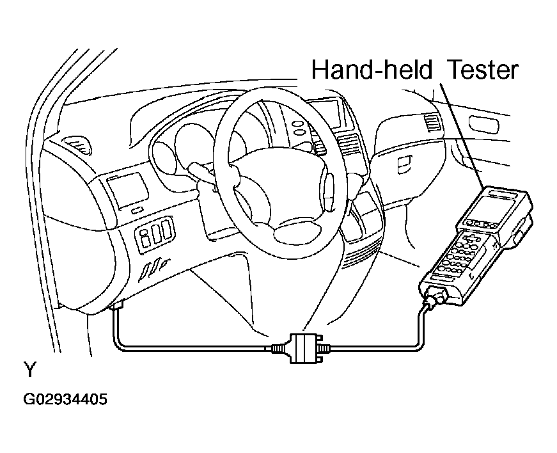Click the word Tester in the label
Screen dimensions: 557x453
pyautogui.click(x=483, y=69)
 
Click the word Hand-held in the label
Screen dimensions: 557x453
pyautogui.click(x=372, y=69)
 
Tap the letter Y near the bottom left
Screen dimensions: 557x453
pyautogui.click(x=30, y=369)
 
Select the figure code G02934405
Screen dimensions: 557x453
pyautogui.click(x=65, y=399)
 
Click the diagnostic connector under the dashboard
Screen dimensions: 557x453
pyautogui.click(x=117, y=305)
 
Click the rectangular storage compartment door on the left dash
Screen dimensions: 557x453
pyautogui.click(x=129, y=190)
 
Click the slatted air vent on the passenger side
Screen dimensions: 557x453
pyautogui.click(x=432, y=123)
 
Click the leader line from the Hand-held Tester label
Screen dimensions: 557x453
pyautogui.click(x=462, y=136)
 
